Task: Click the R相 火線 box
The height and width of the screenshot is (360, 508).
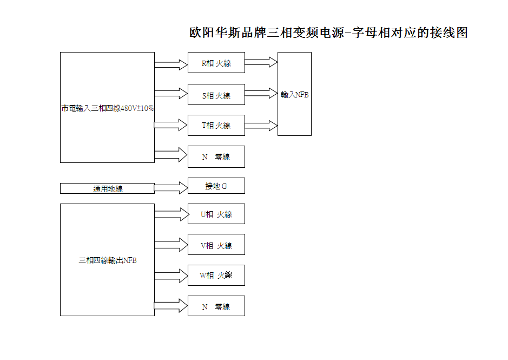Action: click(216, 63)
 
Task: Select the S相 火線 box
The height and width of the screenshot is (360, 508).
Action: click(216, 94)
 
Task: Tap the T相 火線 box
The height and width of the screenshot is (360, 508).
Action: click(216, 125)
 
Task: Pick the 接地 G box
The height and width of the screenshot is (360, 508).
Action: click(216, 186)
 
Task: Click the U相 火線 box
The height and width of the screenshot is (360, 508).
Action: click(216, 214)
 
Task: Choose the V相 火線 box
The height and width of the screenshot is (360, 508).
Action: click(216, 244)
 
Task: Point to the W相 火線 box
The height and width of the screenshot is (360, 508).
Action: click(216, 276)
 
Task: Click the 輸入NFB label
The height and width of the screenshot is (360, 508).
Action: click(294, 95)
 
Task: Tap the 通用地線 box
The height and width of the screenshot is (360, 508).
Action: click(107, 188)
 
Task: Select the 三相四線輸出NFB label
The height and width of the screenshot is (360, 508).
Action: click(108, 260)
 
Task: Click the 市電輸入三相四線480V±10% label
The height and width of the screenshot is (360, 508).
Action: click(108, 108)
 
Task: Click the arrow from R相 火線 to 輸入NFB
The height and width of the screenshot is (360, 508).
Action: click(261, 62)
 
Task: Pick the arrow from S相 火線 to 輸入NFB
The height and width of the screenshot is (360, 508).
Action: click(261, 94)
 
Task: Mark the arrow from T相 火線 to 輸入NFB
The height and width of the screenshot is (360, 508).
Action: click(261, 126)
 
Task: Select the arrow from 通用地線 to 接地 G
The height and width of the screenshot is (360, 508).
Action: click(171, 188)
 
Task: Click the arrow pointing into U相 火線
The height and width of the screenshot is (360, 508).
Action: click(171, 214)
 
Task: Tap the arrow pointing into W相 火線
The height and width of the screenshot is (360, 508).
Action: click(171, 276)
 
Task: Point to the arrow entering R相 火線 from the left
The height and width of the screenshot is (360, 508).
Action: click(171, 65)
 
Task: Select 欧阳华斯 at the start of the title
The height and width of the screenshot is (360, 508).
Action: click(215, 33)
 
